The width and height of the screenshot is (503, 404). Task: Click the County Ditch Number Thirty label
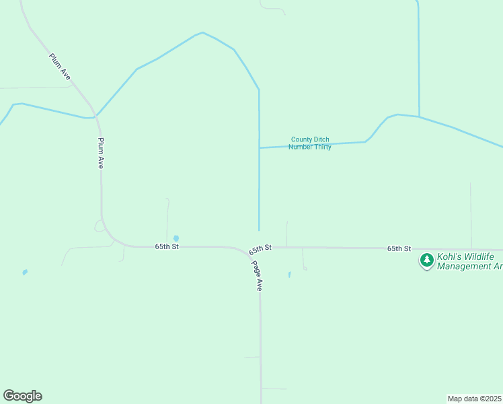[x=310, y=143]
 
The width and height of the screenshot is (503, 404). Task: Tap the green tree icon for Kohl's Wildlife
[x=426, y=260]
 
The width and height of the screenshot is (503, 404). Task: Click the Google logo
[x=22, y=396]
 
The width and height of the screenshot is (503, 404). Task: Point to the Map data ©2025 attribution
[x=475, y=399]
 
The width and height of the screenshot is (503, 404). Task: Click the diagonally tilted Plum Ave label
[x=60, y=65]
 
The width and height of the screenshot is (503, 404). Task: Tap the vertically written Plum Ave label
[x=101, y=153]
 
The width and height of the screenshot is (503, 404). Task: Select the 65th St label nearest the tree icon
[x=399, y=248]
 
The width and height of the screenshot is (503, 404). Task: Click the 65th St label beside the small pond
[x=167, y=246]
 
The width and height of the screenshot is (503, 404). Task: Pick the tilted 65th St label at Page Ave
[x=260, y=248]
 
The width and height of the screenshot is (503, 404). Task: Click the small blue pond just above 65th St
[x=176, y=238]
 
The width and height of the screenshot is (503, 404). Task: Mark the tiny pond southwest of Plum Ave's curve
[x=25, y=272]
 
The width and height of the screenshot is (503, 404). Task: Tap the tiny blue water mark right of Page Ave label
[x=289, y=274]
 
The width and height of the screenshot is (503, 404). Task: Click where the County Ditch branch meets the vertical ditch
[x=260, y=147]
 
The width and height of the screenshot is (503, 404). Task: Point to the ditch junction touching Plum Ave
[x=95, y=116]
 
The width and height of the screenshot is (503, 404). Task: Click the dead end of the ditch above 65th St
[x=260, y=230]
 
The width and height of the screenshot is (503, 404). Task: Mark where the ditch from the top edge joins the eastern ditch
[x=419, y=116]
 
